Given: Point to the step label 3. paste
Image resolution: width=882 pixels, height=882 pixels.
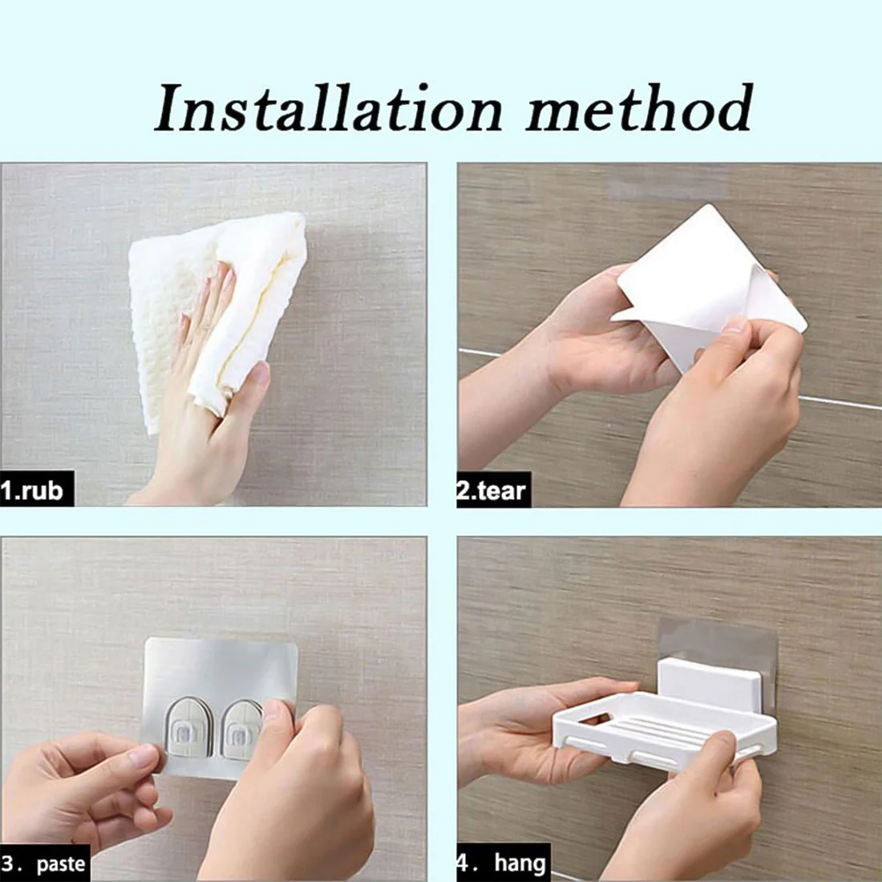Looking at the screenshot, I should click(43, 863).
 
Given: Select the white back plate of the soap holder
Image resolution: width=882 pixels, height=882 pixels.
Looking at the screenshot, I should click(706, 686).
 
